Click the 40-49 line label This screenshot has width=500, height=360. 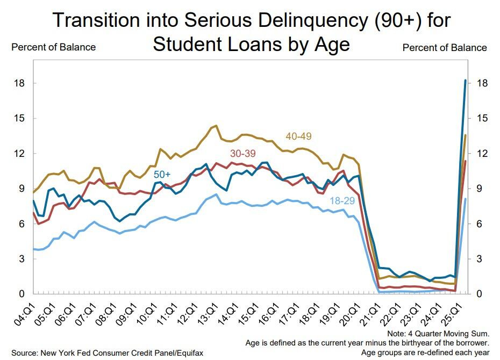299,137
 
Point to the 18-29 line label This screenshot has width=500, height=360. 343,200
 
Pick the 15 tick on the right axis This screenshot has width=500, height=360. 482,118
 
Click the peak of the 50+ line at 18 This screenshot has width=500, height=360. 465,80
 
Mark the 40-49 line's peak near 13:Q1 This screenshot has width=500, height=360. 216,126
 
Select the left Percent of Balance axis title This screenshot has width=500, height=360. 53,47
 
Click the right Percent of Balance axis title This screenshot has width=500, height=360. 445,47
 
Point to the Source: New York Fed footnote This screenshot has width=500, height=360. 107,352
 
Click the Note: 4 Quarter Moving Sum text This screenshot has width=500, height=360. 442,333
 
